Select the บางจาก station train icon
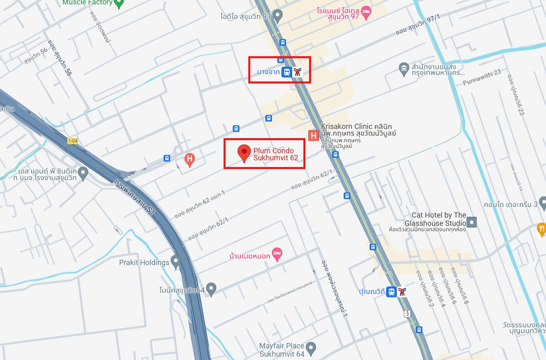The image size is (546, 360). pyautogui.click(x=286, y=72)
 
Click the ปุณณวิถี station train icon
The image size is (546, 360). pyautogui.click(x=391, y=292)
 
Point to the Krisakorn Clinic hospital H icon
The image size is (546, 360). pyautogui.click(x=314, y=135)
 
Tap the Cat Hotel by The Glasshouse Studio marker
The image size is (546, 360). pyautogui.click(x=472, y=222)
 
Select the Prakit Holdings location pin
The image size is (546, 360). pyautogui.click(x=176, y=261)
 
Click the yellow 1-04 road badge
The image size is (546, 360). pyautogui.click(x=73, y=141)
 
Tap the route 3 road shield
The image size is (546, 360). pyautogui.click(x=408, y=314)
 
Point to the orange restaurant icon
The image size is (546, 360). pyautogui.click(x=541, y=228)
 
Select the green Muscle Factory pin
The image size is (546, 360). pyautogui.click(x=119, y=3)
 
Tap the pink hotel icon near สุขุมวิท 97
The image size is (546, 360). pyautogui.click(x=366, y=12)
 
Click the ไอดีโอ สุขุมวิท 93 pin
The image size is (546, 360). pyautogui.click(x=278, y=16)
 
